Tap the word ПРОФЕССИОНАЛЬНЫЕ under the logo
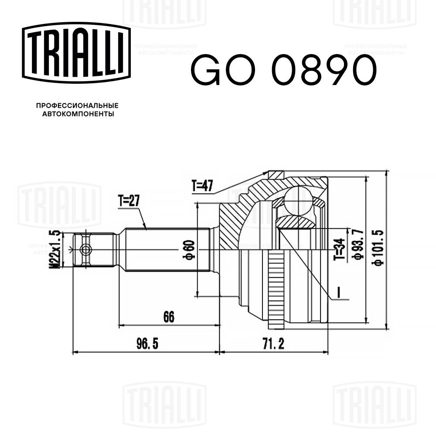pyautogui.click(x=77, y=106)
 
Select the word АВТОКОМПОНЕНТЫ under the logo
pyautogui.click(x=77, y=114)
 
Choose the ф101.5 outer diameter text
pyautogui.click(x=378, y=247)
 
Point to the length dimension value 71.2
pyautogui.click(x=273, y=344)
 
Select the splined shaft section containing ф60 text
pyautogui.click(x=166, y=250)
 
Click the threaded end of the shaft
pyautogui.click(x=94, y=250)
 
